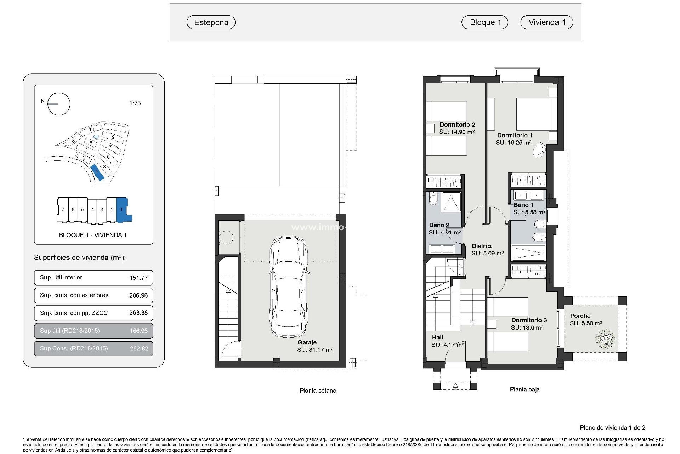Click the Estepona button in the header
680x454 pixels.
coord(211,22)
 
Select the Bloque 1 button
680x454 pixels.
coord(484,22)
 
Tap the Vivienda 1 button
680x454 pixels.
coord(546,22)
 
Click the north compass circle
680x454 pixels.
coord(59,104)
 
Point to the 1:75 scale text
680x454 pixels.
coord(135,103)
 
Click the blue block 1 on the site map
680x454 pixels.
coord(97,173)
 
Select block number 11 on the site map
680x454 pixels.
coord(116,128)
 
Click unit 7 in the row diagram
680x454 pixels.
coord(63,210)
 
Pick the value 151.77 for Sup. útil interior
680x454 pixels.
coord(138,278)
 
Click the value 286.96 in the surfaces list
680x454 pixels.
coord(138,295)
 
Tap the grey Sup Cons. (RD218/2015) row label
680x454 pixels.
coord(74,348)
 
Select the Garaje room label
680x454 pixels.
coord(307,342)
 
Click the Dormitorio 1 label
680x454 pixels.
coord(515,135)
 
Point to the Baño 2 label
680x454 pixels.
coord(439,225)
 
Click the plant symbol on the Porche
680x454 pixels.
coord(605,339)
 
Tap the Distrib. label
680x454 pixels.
coord(482,246)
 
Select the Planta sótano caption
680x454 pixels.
coord(318,391)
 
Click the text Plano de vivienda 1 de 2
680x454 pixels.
coord(612,428)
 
